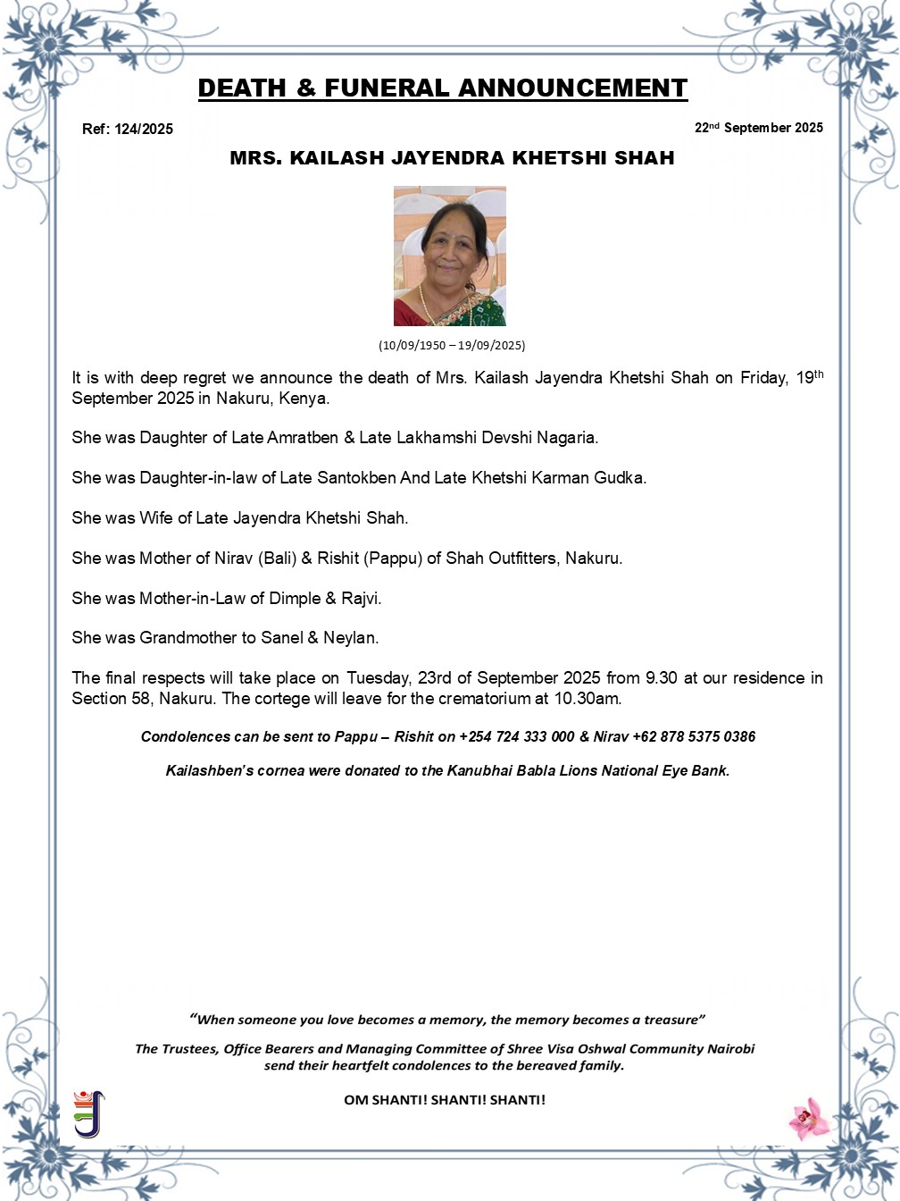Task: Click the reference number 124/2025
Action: click(x=144, y=129)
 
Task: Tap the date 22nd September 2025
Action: click(x=759, y=128)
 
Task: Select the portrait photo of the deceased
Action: click(x=450, y=256)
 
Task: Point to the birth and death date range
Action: click(x=452, y=345)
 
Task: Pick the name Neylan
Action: click(x=350, y=638)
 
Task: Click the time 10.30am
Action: click(x=587, y=699)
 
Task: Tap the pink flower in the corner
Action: click(x=810, y=1118)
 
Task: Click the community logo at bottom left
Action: click(x=88, y=1113)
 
